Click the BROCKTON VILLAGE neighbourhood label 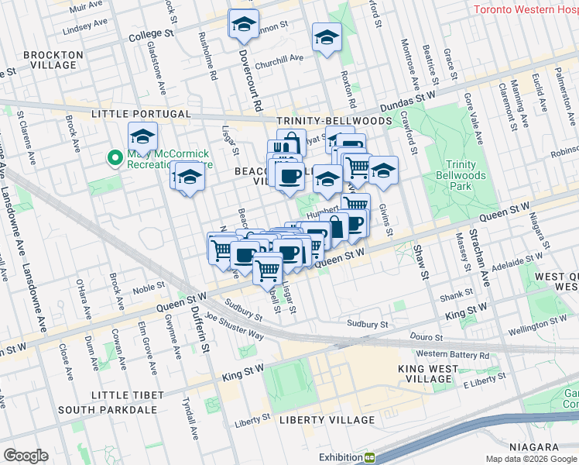tap(53, 60)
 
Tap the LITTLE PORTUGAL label tap(128, 114)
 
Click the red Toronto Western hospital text tap(525, 9)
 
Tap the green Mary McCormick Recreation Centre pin tap(115, 158)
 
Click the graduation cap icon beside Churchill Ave tap(327, 36)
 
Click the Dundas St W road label tap(406, 98)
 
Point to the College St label tap(151, 34)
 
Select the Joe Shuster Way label tap(235, 326)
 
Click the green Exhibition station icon tap(370, 457)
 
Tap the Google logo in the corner tap(26, 456)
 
